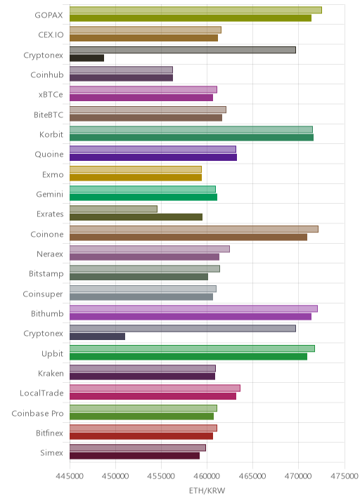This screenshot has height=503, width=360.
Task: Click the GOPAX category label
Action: pyautogui.click(x=49, y=15)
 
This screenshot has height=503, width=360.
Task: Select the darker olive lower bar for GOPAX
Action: pyautogui.click(x=191, y=18)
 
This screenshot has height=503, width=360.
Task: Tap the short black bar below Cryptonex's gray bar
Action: pyautogui.click(x=86, y=58)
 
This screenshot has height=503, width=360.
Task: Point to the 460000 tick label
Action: pyautogui.click(x=207, y=476)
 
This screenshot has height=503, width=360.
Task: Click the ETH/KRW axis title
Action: pyautogui.click(x=207, y=491)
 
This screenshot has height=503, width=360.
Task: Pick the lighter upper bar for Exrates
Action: pyautogui.click(x=113, y=209)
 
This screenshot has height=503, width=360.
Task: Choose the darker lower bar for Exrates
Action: pyautogui.click(x=136, y=217)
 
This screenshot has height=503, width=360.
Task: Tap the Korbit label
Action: pyautogui.click(x=51, y=134)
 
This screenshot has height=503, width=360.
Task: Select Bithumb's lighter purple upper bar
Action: pyautogui.click(x=193, y=308)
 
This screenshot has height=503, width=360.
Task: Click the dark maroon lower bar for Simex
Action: pyautogui.click(x=134, y=455)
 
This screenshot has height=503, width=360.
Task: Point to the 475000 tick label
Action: pyautogui.click(x=345, y=476)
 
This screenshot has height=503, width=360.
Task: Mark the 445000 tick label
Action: pyautogui.click(x=70, y=476)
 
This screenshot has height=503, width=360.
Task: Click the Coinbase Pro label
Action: pyautogui.click(x=37, y=414)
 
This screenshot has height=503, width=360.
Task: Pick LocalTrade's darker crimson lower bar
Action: pyautogui.click(x=153, y=396)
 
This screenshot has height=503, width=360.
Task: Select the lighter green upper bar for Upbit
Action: pyautogui.click(x=192, y=348)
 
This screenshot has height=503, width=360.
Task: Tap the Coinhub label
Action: pyautogui.click(x=47, y=74)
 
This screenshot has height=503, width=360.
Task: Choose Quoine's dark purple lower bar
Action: pyautogui.click(x=153, y=157)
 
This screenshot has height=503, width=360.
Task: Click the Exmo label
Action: pyautogui.click(x=53, y=174)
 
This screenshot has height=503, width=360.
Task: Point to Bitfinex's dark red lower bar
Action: pyautogui.click(x=141, y=436)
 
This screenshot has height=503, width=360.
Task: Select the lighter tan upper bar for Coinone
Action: pyautogui.click(x=194, y=229)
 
